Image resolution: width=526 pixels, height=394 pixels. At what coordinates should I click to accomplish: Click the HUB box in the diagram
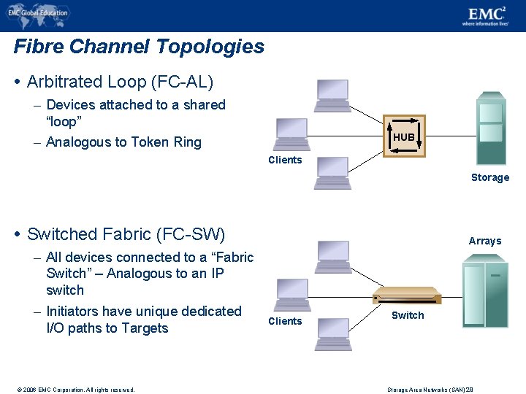(403, 136)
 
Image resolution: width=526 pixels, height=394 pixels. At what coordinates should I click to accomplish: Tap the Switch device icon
(407, 295)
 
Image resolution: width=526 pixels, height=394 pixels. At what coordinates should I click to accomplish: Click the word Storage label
(489, 177)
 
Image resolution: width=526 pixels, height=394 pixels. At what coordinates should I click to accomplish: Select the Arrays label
(484, 241)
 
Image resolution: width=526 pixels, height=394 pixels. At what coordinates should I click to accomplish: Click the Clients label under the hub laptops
(285, 160)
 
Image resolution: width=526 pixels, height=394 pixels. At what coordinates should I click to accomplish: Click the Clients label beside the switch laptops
(285, 321)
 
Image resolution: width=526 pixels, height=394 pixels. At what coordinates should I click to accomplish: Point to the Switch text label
(407, 315)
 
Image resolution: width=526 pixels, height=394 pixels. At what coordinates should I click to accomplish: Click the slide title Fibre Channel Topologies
(139, 47)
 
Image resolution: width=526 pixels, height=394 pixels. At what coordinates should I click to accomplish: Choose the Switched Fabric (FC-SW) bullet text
(126, 234)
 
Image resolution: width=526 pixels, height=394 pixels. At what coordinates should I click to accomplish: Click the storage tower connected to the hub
(490, 128)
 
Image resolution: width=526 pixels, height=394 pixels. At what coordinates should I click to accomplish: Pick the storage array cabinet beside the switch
(486, 290)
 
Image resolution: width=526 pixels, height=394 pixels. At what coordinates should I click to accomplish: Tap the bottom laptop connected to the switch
(332, 334)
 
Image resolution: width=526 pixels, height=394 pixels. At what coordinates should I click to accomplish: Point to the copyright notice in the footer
(71, 390)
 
